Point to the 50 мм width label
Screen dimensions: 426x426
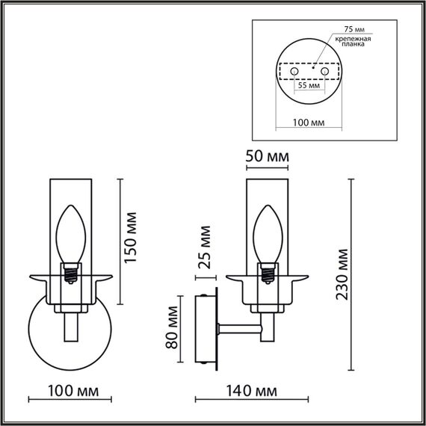[x=267, y=158]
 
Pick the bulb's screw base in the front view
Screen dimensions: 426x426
[x=72, y=272]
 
